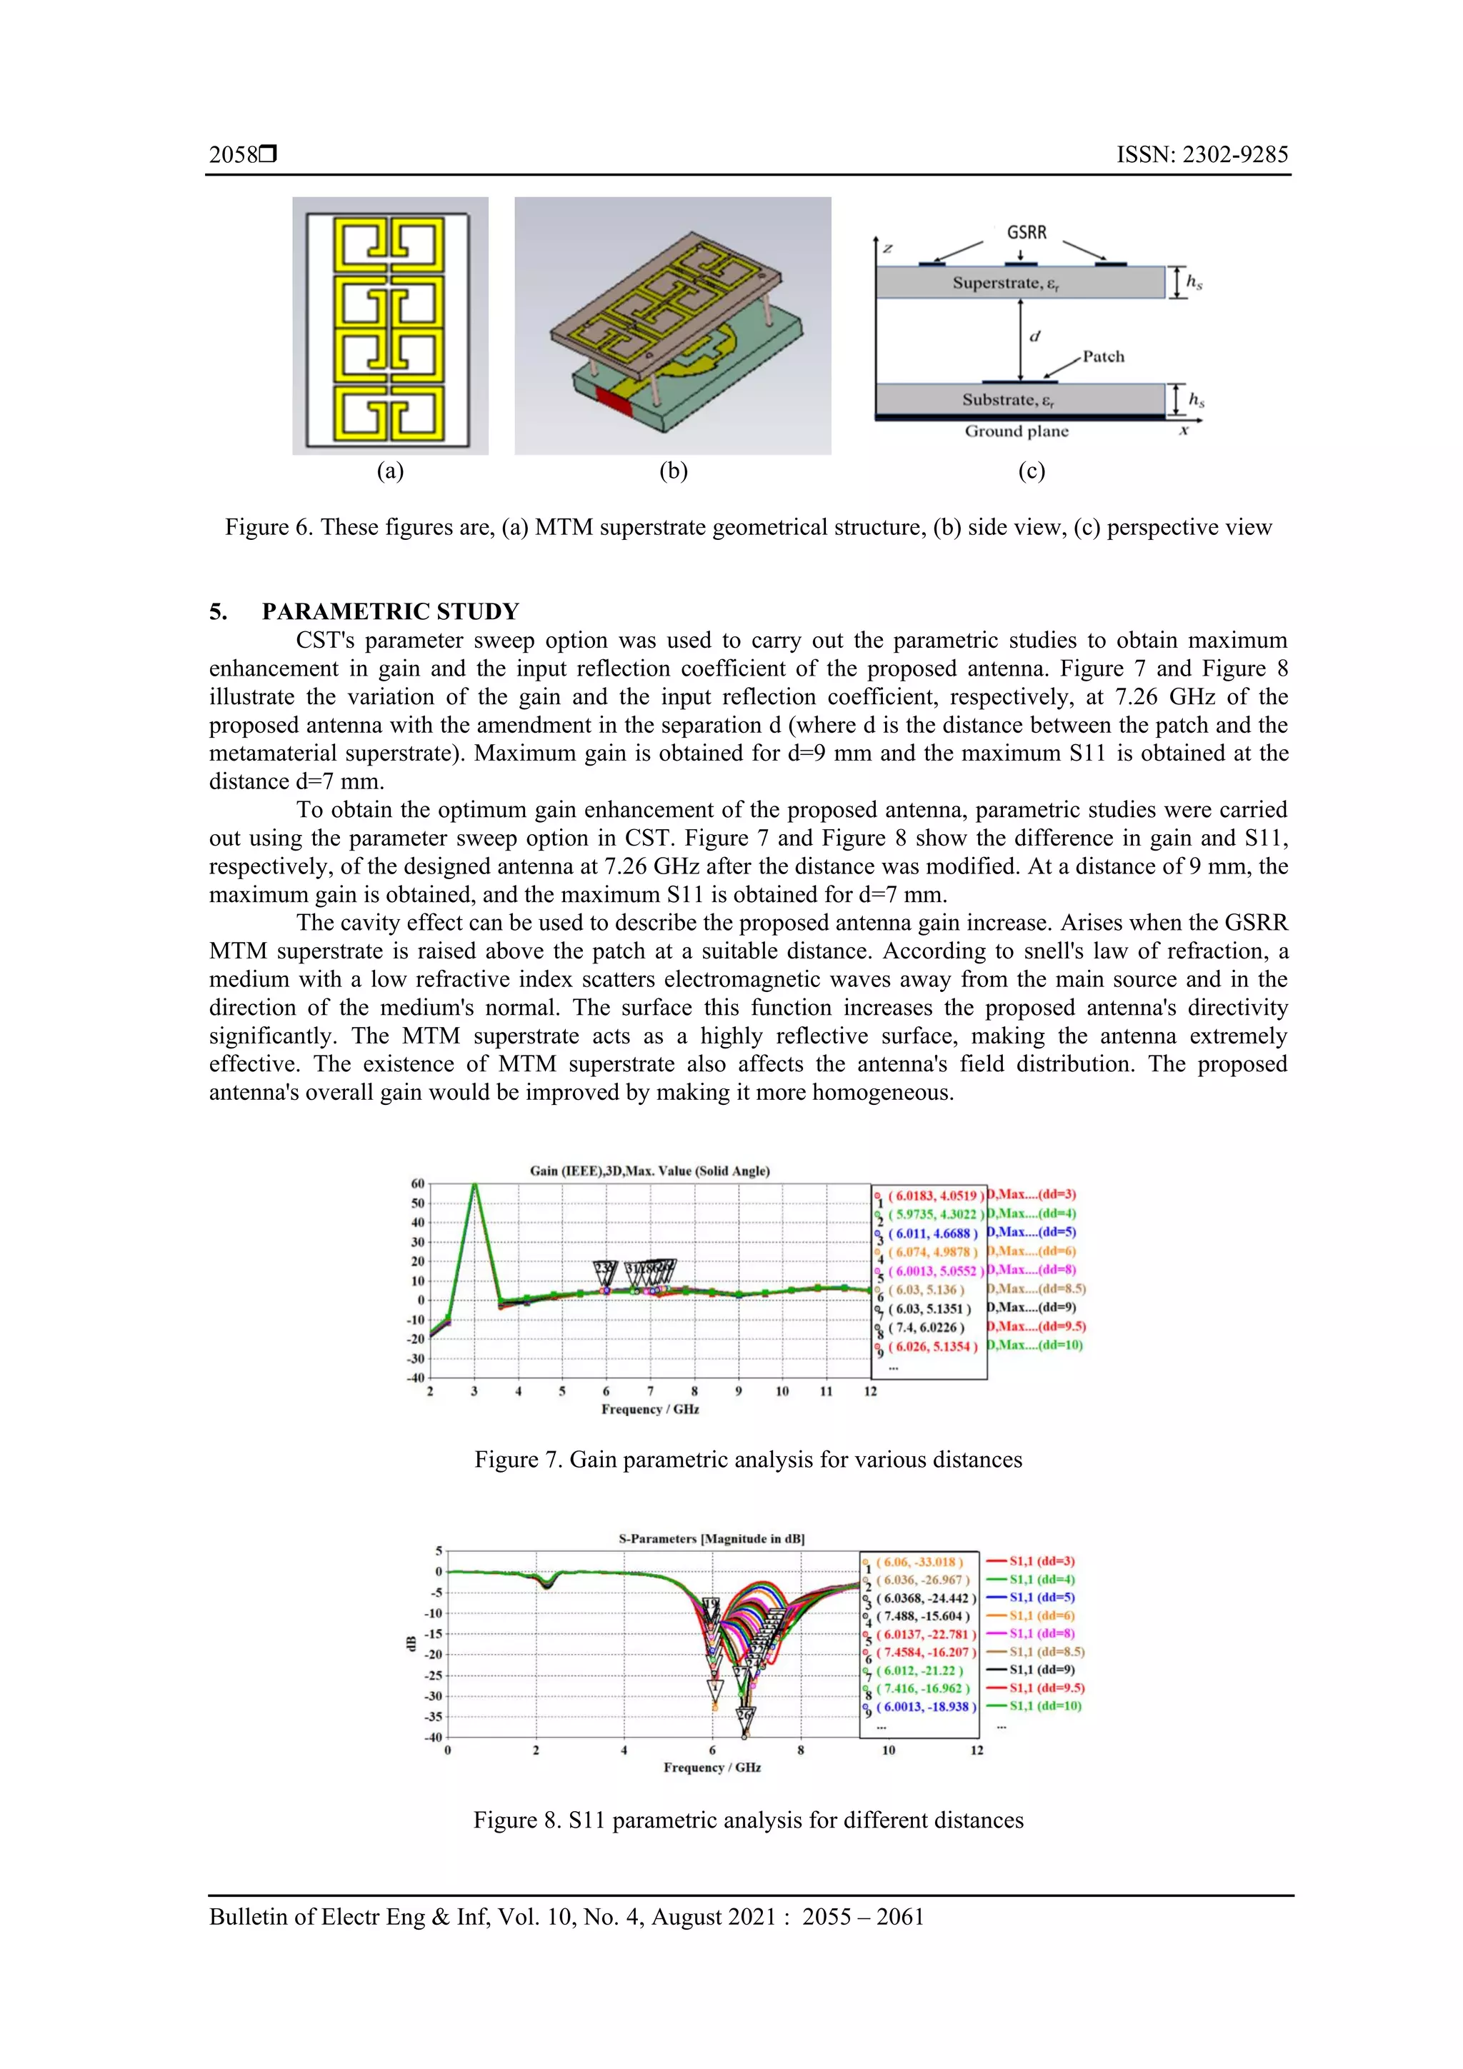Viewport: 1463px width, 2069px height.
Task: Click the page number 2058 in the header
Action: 234,155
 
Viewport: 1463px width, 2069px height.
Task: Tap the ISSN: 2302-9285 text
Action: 1202,155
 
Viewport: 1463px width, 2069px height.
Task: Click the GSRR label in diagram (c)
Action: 1026,233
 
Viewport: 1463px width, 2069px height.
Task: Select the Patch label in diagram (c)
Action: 1104,357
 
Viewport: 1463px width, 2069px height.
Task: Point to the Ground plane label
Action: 1016,431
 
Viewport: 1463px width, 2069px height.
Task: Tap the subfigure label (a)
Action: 389,471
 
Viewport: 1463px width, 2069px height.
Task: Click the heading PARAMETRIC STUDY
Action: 389,612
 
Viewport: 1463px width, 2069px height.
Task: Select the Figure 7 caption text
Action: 747,1460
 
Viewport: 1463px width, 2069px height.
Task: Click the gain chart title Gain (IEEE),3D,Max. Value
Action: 649,1171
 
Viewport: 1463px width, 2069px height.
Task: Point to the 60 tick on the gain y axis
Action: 417,1184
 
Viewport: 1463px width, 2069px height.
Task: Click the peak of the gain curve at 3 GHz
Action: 474,1186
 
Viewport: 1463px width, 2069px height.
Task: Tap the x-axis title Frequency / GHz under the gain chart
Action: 649,1409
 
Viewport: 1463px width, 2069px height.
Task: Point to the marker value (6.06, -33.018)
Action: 919,1563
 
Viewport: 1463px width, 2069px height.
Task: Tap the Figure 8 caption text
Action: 747,1820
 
